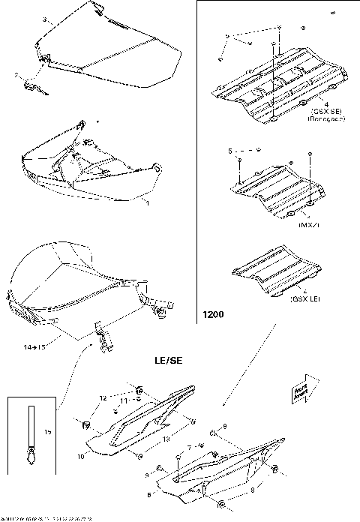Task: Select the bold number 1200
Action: tap(211, 316)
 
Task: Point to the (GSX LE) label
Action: tap(304, 299)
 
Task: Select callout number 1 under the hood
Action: tap(147, 203)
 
